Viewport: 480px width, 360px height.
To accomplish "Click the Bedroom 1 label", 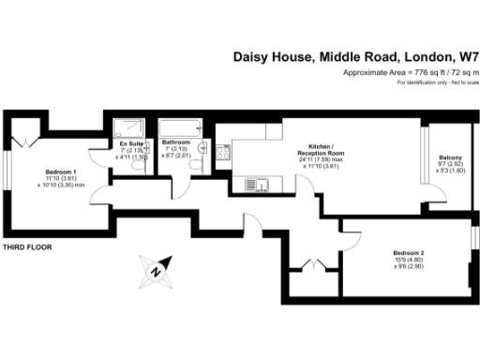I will coord(61,172).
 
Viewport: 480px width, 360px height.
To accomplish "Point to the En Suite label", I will coord(129,142).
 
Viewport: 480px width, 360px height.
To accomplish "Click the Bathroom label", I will coord(175,142).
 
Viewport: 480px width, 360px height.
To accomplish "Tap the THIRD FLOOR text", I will coord(26,247).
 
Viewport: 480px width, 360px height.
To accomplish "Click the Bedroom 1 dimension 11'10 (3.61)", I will coord(61,179).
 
